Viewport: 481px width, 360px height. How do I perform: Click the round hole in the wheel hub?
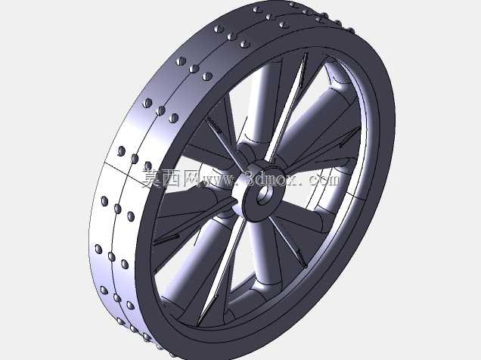(x=264, y=194)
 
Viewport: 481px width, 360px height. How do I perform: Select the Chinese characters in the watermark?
(x=170, y=178)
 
